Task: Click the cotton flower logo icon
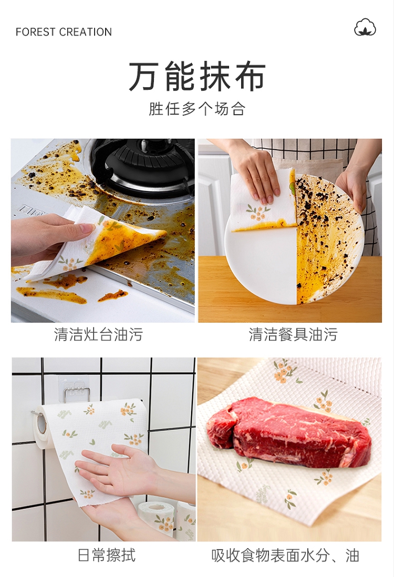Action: (365, 27)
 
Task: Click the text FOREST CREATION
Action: (64, 32)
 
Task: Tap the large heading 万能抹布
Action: (197, 77)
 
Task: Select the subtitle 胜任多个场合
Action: (197, 109)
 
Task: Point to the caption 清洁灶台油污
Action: (99, 335)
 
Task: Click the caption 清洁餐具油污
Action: (293, 335)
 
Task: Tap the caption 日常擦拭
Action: (107, 555)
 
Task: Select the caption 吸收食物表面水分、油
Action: (285, 555)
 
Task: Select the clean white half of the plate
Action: (261, 265)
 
